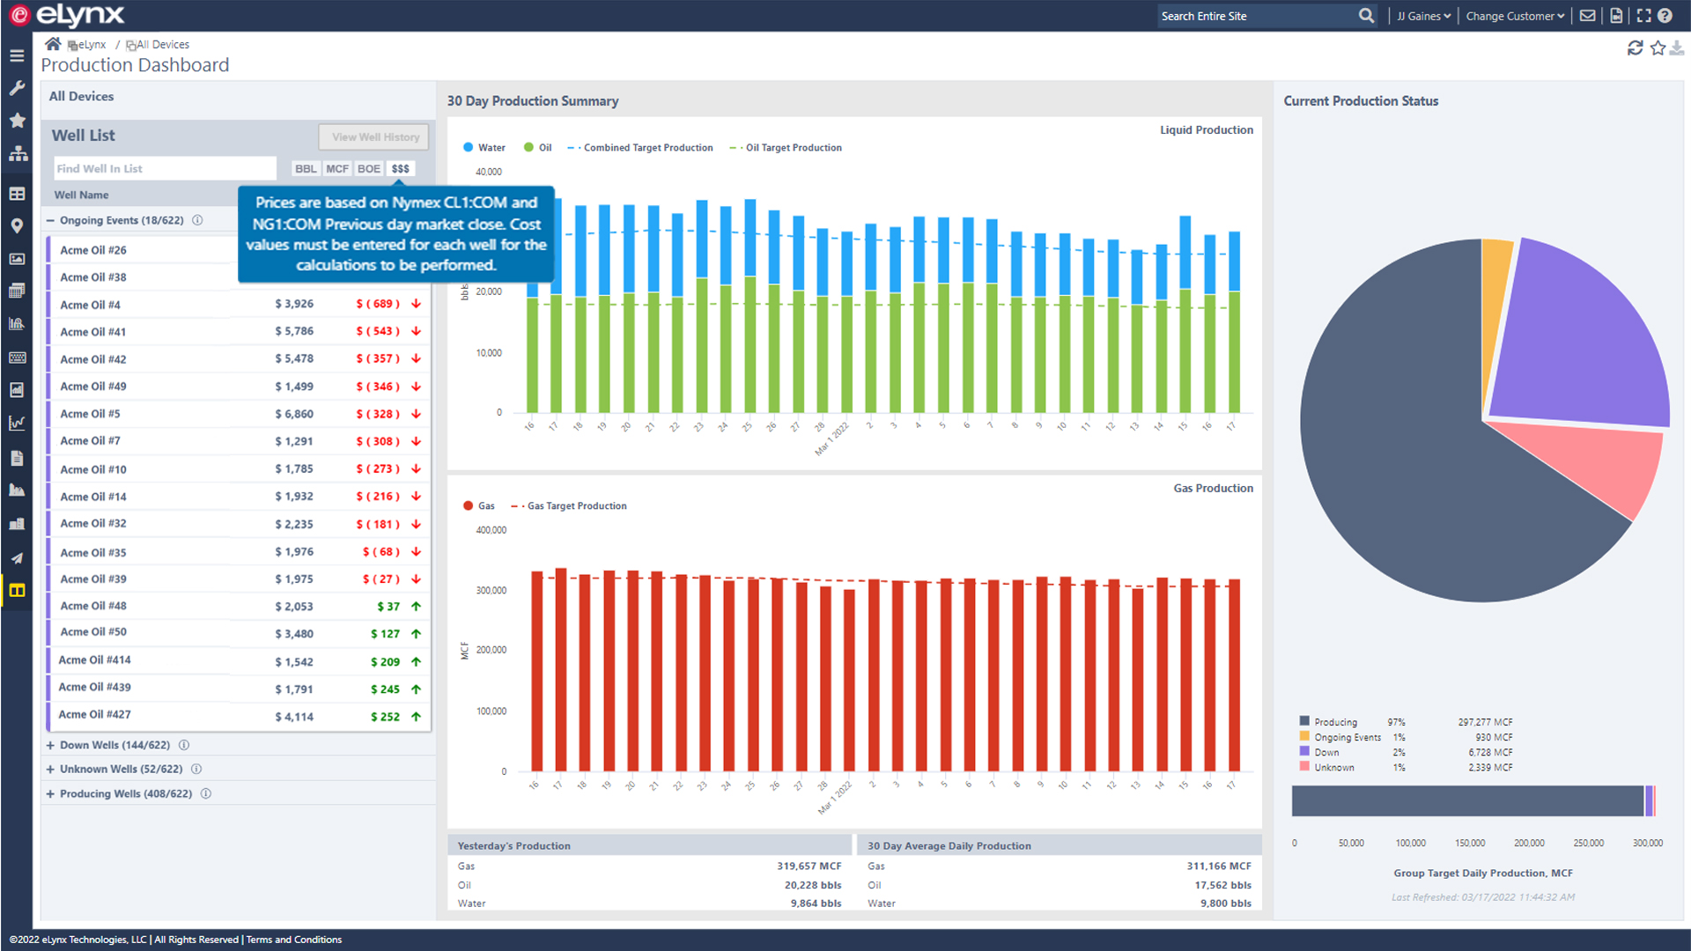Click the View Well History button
[374, 136]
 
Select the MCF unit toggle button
[336, 168]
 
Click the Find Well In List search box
[165, 168]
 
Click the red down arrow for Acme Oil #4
[416, 304]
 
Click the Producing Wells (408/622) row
[125, 793]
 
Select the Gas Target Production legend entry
[576, 506]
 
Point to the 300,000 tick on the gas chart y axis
[491, 590]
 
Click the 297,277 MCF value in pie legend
[1485, 722]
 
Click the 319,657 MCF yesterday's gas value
[809, 866]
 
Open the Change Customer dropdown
[1514, 16]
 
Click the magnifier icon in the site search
[1366, 16]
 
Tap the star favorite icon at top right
[1658, 48]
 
